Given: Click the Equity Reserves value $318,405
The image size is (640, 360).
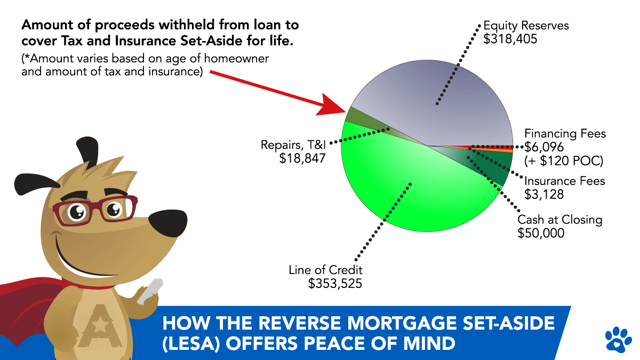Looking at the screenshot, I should pyautogui.click(x=510, y=39).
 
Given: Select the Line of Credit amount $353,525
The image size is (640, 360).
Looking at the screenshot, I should pyautogui.click(x=335, y=284).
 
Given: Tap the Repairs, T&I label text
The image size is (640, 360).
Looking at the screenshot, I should pyautogui.click(x=293, y=145).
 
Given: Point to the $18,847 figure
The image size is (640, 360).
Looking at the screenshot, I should pyautogui.click(x=302, y=158).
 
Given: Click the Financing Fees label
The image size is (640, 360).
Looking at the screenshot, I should pyautogui.click(x=565, y=133).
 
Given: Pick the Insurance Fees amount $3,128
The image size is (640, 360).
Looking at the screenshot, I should pyautogui.click(x=544, y=195).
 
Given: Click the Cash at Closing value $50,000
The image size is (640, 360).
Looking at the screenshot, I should pyautogui.click(x=541, y=233).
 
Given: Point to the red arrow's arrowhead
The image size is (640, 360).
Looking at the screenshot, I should pyautogui.click(x=333, y=106).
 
